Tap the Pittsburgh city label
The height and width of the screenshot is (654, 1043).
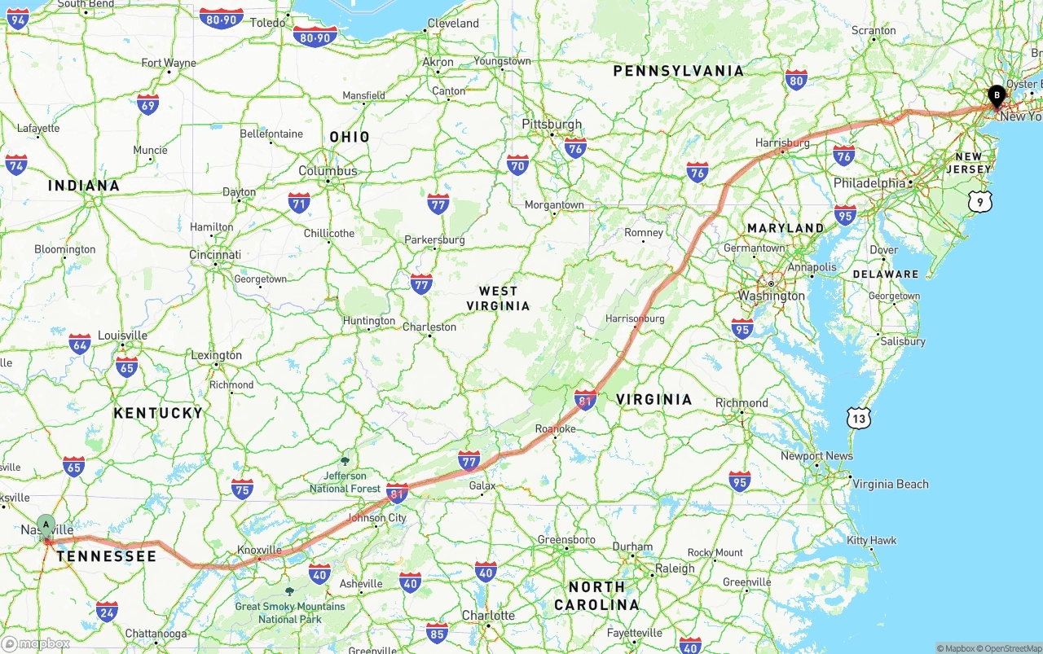(x=552, y=125)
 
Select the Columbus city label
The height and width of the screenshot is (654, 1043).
(x=328, y=171)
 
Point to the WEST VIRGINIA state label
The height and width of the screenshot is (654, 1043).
(x=498, y=298)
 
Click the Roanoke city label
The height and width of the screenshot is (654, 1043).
(x=555, y=429)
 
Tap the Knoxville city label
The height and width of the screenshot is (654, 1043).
(x=258, y=551)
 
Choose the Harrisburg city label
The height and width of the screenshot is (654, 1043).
(x=782, y=143)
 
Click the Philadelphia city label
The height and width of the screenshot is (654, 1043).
(x=869, y=183)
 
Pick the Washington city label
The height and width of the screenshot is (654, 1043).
(x=771, y=296)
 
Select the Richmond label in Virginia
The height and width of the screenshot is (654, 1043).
(x=742, y=403)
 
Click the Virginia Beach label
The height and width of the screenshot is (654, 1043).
(x=890, y=484)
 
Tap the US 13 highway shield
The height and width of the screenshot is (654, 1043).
(x=858, y=419)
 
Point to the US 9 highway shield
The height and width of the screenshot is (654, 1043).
(x=981, y=201)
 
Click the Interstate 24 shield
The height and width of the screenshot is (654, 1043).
(x=107, y=611)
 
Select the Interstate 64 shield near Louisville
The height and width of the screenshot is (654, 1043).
(x=80, y=344)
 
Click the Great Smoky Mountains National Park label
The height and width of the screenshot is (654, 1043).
(x=289, y=612)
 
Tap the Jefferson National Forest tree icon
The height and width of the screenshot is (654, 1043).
(x=345, y=461)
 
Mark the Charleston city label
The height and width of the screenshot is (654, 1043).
(x=429, y=327)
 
